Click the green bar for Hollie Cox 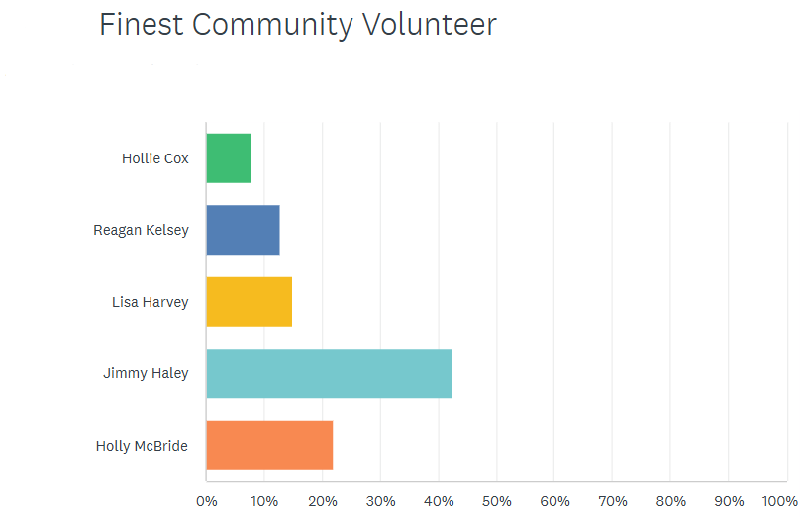229,158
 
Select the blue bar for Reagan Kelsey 243,230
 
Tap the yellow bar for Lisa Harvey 249,302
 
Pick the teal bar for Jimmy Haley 329,373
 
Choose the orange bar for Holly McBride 269,446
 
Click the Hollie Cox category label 155,158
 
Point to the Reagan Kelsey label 141,230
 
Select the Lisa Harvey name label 150,302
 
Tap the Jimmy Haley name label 146,373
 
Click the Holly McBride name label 142,446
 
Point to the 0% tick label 206,501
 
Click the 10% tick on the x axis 264,501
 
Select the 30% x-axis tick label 380,501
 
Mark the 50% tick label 496,501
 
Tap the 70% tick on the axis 612,501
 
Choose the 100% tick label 780,501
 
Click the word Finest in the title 142,25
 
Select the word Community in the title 270,25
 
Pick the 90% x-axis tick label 729,501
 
